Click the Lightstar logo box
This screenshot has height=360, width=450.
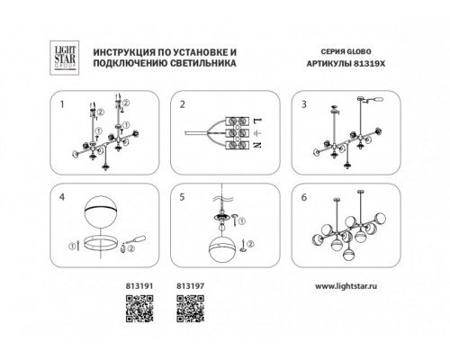[64, 58]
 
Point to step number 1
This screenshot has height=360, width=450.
[62, 104]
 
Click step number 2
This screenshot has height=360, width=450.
[183, 104]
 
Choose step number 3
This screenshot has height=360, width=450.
[304, 104]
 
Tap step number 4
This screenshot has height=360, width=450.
[62, 197]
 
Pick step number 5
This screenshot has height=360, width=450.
[183, 197]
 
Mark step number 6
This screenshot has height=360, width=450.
[304, 197]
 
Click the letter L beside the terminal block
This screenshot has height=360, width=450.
[257, 121]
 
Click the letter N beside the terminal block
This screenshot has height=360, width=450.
[257, 145]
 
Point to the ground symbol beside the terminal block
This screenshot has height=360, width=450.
[258, 132]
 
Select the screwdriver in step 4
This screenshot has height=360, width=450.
[135, 240]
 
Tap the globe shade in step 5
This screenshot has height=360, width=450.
[222, 249]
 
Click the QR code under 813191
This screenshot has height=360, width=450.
[139, 309]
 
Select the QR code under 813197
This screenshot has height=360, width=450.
[191, 309]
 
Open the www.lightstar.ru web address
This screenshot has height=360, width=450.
[346, 286]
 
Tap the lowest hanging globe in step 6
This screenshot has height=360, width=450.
[348, 256]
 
